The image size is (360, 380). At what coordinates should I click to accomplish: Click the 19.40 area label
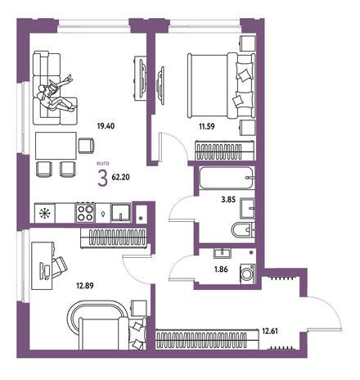106,126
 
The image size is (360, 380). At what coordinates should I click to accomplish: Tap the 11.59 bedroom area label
207,126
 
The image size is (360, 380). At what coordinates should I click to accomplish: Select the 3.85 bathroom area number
228,200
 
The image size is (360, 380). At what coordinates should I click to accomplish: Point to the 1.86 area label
221,269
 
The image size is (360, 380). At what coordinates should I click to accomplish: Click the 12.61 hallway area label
270,331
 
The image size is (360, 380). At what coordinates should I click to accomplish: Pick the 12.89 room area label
85,286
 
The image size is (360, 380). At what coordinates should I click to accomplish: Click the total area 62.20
120,177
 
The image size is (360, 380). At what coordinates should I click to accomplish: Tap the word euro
103,164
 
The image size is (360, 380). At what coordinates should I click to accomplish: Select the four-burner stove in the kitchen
85,213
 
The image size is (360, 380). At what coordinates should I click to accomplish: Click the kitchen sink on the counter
121,213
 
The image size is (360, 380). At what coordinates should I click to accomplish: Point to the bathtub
227,178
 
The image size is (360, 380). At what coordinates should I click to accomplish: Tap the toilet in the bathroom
243,230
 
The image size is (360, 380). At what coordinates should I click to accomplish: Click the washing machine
248,274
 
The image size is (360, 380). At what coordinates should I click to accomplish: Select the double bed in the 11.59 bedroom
221,86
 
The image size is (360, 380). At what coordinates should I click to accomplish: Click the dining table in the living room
56,146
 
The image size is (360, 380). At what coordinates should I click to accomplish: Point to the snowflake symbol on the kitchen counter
43,213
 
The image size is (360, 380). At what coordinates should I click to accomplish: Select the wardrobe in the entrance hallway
207,339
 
